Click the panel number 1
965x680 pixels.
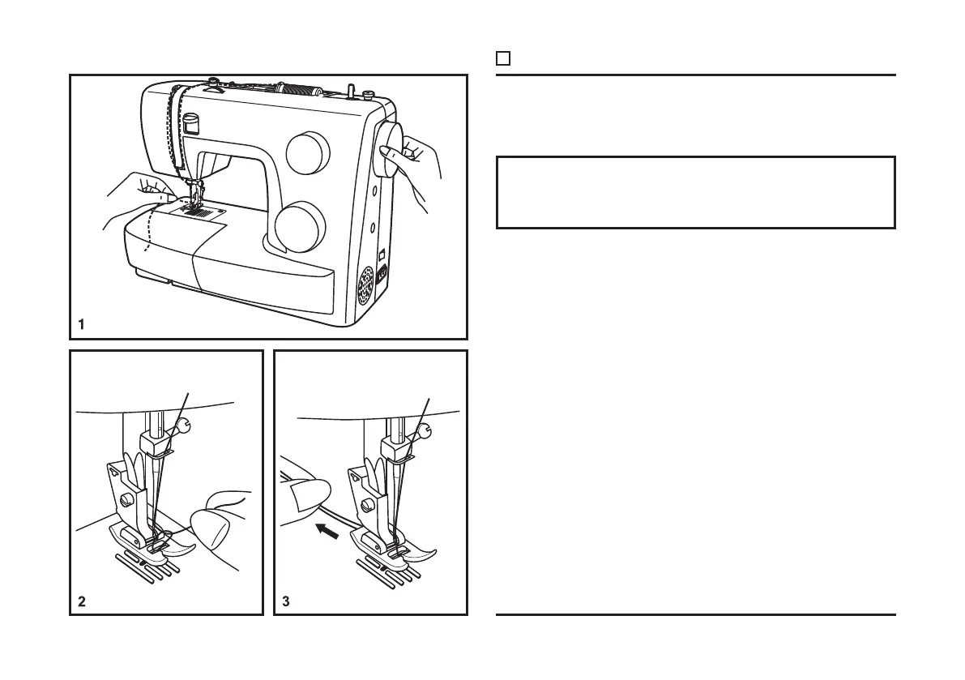[81, 324]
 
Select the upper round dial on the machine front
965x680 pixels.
[309, 153]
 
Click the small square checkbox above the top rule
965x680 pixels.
[502, 58]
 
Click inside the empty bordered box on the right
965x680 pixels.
[695, 192]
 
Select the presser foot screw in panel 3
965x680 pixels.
[366, 504]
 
